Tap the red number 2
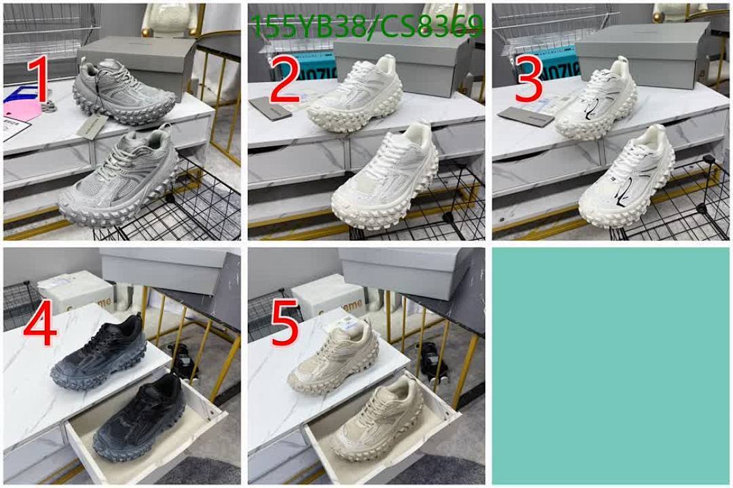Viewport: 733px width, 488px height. [x=284, y=79]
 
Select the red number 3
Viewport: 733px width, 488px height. [x=529, y=79]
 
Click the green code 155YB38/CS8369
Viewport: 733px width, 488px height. [x=366, y=28]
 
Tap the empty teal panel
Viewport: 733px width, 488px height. [x=610, y=366]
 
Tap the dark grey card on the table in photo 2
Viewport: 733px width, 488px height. [x=270, y=108]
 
